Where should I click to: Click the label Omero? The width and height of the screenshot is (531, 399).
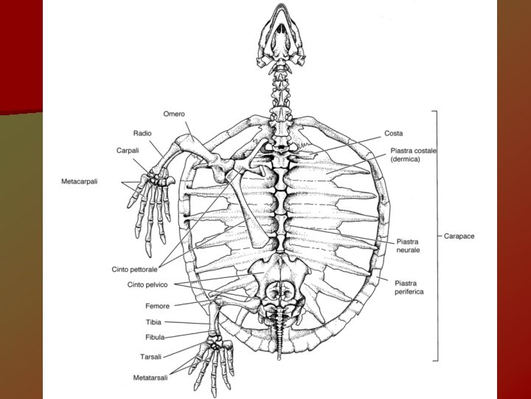pos(174,114)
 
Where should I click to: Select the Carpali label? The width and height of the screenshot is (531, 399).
pos(128,150)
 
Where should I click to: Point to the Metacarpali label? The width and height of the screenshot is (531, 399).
pos(80,182)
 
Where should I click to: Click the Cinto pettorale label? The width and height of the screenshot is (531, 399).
pos(134,270)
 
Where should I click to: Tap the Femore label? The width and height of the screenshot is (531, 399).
pos(157,306)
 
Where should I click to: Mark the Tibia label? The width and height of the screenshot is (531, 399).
pos(153,322)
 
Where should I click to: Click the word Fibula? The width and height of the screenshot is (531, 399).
pos(155,337)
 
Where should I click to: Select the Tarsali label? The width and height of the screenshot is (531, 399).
pos(151,356)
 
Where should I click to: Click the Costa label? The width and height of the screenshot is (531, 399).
pos(393,134)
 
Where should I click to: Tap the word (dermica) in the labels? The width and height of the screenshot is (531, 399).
pos(405,160)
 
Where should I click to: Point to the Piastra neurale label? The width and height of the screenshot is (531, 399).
pos(409,246)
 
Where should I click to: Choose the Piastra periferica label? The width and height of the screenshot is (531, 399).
pos(409,287)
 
